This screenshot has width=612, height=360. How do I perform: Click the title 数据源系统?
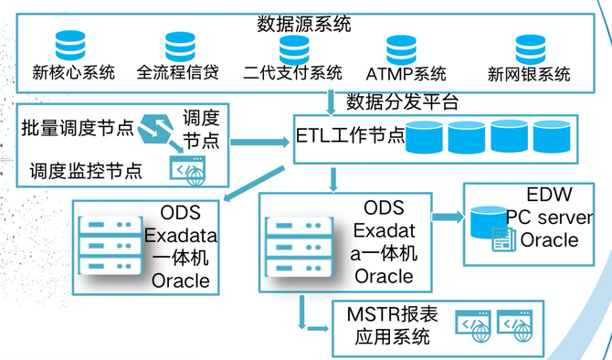tap(304, 24)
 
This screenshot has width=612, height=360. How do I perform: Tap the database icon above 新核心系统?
tap(70, 46)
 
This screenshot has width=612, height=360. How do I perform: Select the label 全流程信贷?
tap(177, 72)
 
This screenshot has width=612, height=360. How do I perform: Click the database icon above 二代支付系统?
tap(294, 50)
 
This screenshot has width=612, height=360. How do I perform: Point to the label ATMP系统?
tap(406, 74)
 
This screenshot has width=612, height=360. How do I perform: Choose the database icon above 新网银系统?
tap(531, 49)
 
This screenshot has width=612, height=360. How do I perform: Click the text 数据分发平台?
tap(403, 102)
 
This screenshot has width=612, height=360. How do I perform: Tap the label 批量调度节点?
tap(78, 128)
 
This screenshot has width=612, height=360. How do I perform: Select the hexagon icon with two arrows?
tap(156, 129)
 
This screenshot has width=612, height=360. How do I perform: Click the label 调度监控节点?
tap(86, 171)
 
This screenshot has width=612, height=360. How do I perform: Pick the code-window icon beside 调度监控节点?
tap(188, 171)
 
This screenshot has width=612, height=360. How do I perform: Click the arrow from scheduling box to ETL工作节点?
tap(260, 142)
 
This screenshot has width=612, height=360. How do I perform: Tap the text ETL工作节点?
tap(351, 135)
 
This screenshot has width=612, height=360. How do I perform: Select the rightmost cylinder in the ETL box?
tap(552, 136)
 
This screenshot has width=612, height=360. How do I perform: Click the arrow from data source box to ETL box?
tap(331, 103)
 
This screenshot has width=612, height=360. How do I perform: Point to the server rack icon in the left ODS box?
tap(110, 246)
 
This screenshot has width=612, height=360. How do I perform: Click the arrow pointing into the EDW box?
tap(448, 217)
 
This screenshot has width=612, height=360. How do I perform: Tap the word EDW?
tap(550, 194)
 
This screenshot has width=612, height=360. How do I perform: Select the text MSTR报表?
tap(392, 314)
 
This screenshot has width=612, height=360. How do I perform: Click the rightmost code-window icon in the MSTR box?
tap(515, 326)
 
